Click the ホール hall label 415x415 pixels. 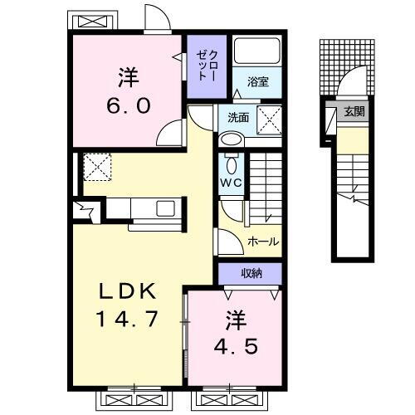[262, 242]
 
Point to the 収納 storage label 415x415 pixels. [251, 271]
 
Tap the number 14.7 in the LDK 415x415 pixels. [124, 320]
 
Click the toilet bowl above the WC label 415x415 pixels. [230, 161]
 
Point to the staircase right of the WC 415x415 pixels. [266, 178]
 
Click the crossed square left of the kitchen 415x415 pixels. [95, 166]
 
